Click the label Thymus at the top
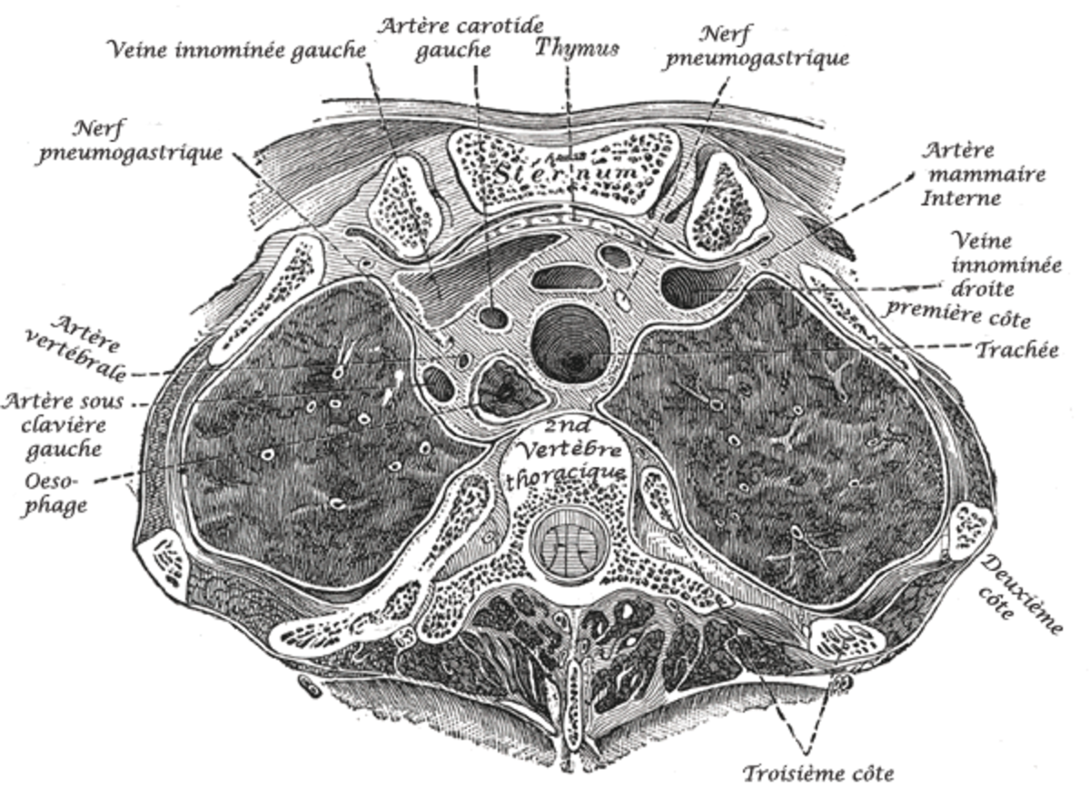coord(577,49)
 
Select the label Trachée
coord(1017,350)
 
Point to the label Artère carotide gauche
coord(460,37)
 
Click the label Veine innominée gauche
coord(238,50)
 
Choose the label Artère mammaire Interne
coord(983,174)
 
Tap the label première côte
coord(957,315)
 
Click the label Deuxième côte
coord(1017,595)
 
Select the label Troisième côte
coord(818,773)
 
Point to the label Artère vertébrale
coord(76,346)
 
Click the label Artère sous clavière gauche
coord(63,425)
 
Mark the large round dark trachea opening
coord(570,344)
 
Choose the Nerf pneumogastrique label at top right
coord(758,47)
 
